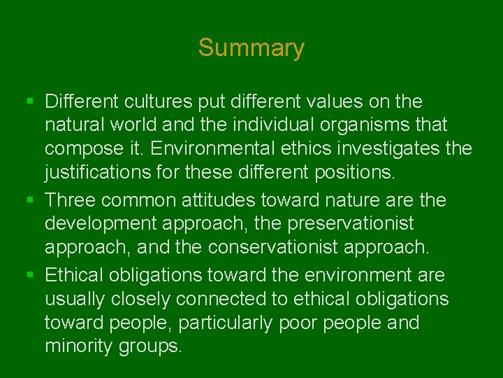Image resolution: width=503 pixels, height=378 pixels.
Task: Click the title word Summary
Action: (x=251, y=48)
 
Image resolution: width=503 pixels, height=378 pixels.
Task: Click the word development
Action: (x=99, y=225)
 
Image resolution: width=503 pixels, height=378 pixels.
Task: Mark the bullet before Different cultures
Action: (x=29, y=102)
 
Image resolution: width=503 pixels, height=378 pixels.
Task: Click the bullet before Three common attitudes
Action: (x=29, y=201)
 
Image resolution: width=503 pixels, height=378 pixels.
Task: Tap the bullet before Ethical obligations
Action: (x=29, y=275)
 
